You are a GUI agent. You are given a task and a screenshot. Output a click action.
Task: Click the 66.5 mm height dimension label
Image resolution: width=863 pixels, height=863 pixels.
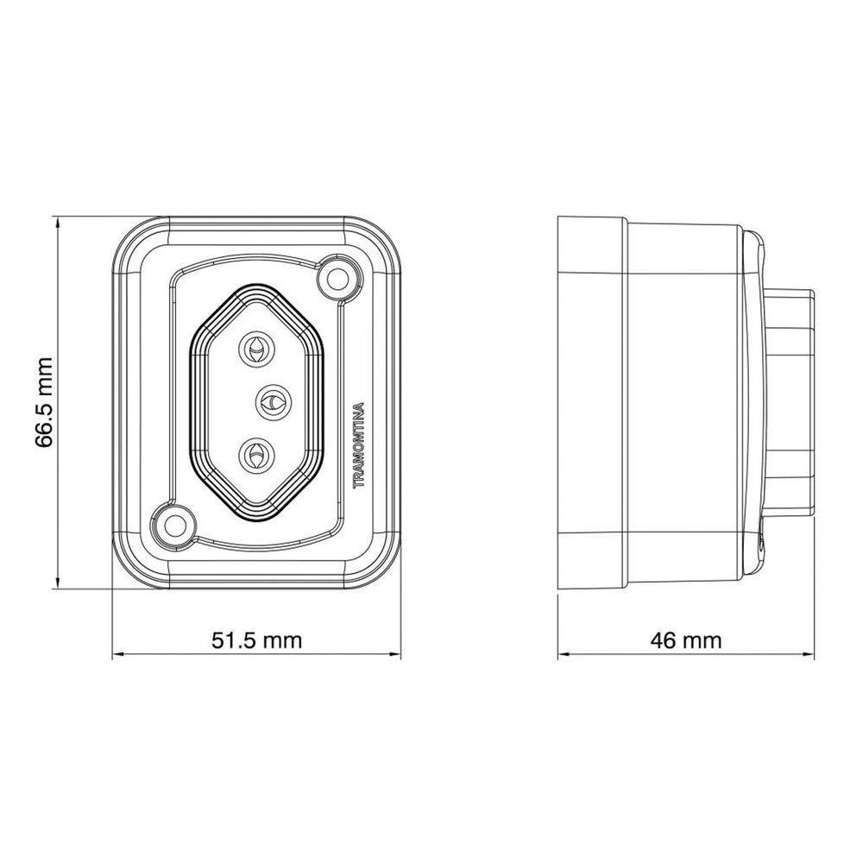(44, 402)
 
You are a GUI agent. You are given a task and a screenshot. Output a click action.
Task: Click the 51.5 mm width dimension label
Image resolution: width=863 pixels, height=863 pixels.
(257, 640)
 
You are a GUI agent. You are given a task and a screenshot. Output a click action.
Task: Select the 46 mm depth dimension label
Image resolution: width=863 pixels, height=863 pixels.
(685, 640)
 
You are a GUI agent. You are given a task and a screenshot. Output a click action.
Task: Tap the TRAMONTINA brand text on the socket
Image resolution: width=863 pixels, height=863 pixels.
(359, 445)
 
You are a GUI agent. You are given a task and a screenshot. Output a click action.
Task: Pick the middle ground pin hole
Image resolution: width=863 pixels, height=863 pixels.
(273, 402)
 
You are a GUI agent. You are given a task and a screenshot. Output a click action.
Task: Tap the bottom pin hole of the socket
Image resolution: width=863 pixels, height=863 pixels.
(256, 455)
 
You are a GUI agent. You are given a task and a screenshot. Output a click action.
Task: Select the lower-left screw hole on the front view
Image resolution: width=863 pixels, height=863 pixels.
(176, 525)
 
